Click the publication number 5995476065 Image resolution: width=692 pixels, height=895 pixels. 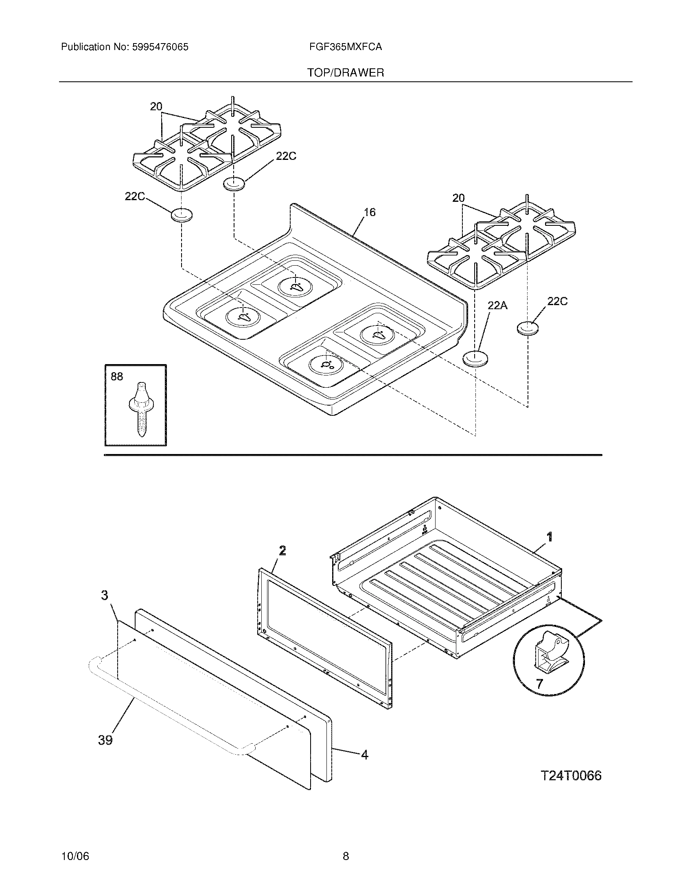(x=160, y=47)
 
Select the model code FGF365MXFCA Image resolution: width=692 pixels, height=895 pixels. (x=346, y=47)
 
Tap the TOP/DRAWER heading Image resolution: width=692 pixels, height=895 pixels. (x=346, y=73)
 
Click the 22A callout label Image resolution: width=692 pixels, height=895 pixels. (x=497, y=305)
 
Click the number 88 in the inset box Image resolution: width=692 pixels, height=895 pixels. (x=117, y=376)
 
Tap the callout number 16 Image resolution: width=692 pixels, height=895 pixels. (x=369, y=212)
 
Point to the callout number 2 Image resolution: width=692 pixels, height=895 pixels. (x=282, y=551)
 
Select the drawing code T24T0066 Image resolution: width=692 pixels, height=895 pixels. (x=571, y=776)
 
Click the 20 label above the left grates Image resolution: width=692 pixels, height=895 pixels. (x=156, y=107)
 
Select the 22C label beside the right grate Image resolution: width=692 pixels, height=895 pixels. (x=558, y=301)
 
